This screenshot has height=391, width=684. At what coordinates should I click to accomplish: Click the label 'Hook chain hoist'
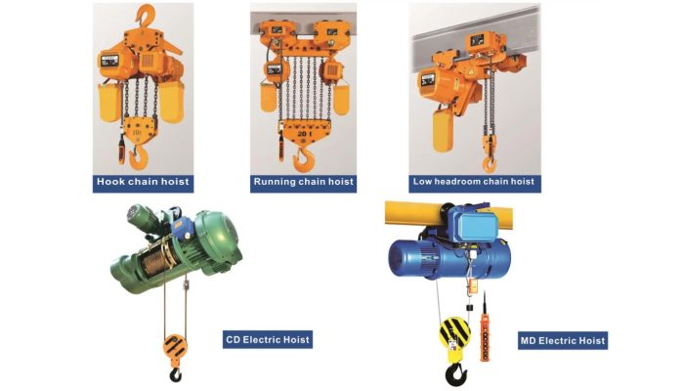pos(143,182)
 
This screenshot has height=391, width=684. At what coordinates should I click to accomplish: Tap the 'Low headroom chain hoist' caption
pos(473,182)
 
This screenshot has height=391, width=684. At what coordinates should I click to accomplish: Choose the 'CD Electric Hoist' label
pos(268,340)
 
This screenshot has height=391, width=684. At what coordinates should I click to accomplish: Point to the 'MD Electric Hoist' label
pos(562,340)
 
